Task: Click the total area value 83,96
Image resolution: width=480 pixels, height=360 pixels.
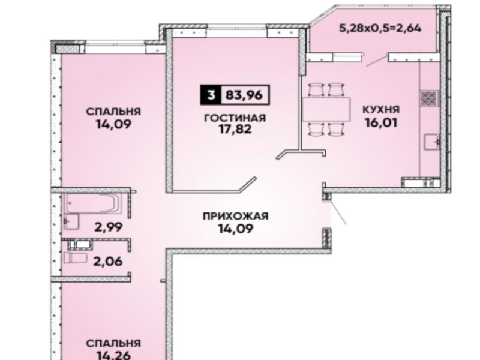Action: (x=244, y=95)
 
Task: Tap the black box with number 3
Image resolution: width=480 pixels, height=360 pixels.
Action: (x=211, y=95)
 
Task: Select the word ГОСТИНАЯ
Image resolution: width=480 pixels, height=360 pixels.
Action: (x=235, y=118)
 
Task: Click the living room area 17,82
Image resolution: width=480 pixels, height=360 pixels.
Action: (x=235, y=130)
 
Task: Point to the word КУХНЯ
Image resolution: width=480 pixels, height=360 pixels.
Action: (x=381, y=109)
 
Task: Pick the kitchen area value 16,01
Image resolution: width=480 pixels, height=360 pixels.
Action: (x=381, y=122)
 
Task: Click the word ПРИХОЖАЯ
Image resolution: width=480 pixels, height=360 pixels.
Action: (x=235, y=216)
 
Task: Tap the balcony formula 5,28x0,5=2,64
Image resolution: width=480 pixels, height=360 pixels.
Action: (x=380, y=28)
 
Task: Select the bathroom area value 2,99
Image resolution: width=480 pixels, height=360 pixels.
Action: (x=109, y=227)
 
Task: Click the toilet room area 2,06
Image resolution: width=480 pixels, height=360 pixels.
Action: (x=109, y=262)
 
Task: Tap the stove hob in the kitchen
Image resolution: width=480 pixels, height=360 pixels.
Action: (x=429, y=98)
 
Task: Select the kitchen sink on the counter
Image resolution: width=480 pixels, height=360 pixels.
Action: (x=431, y=142)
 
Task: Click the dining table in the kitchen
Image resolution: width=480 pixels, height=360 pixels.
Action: (x=326, y=109)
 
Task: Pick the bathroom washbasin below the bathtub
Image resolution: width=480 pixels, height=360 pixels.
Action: (x=71, y=221)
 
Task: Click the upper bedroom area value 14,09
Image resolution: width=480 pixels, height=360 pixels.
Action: (x=113, y=124)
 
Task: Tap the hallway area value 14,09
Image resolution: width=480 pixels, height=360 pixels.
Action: (x=235, y=229)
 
